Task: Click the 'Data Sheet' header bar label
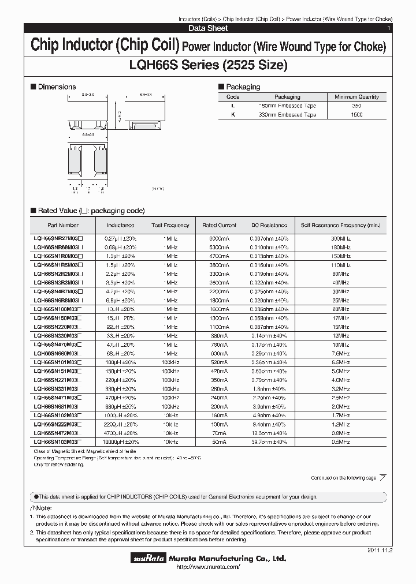(x=208, y=28)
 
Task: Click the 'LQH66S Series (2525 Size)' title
(x=208, y=65)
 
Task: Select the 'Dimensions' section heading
(x=57, y=87)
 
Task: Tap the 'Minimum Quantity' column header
(x=360, y=97)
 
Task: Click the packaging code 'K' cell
(x=233, y=115)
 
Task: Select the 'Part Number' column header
(x=63, y=225)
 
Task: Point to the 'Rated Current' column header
(x=219, y=225)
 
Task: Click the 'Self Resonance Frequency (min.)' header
(x=340, y=225)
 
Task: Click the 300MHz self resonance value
(x=340, y=238)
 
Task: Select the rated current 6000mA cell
(x=219, y=238)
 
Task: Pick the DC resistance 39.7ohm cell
(x=269, y=441)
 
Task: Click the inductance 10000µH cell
(x=121, y=441)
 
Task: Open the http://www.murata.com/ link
(x=207, y=568)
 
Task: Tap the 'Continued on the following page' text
(x=343, y=478)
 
